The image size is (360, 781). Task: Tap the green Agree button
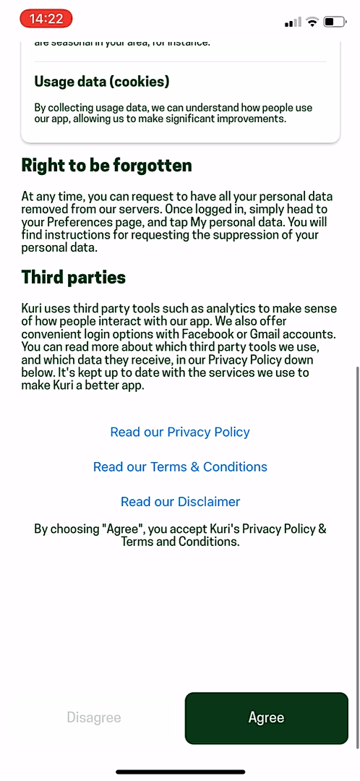tap(266, 717)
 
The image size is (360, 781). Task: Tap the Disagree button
tap(94, 717)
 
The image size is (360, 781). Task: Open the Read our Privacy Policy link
tap(180, 432)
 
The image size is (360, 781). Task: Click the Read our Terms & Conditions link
tap(180, 466)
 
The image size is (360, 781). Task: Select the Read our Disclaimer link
tap(180, 501)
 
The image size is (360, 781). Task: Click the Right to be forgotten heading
tap(107, 166)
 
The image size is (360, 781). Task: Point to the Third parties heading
tap(74, 277)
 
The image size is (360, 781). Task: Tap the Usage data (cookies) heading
tap(102, 82)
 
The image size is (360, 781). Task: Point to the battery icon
tap(334, 22)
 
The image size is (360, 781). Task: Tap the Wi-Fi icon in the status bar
tap(312, 22)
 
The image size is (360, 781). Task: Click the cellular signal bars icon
tap(293, 22)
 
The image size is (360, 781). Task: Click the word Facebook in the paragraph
tap(223, 334)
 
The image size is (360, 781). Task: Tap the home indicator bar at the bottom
tap(180, 772)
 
